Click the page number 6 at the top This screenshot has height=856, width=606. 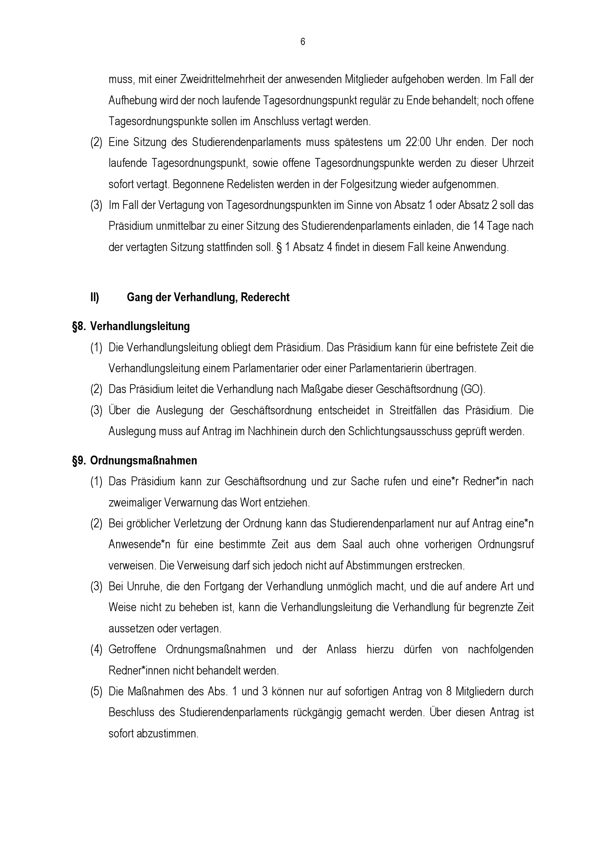point(303,42)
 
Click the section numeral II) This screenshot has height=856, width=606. point(95,298)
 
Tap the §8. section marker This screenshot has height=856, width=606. point(79,326)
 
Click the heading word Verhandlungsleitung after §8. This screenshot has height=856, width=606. point(140,326)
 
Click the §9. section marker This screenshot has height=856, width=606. point(79,461)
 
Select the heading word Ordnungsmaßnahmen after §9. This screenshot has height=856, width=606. point(144,461)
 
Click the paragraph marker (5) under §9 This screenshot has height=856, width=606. point(96,692)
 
